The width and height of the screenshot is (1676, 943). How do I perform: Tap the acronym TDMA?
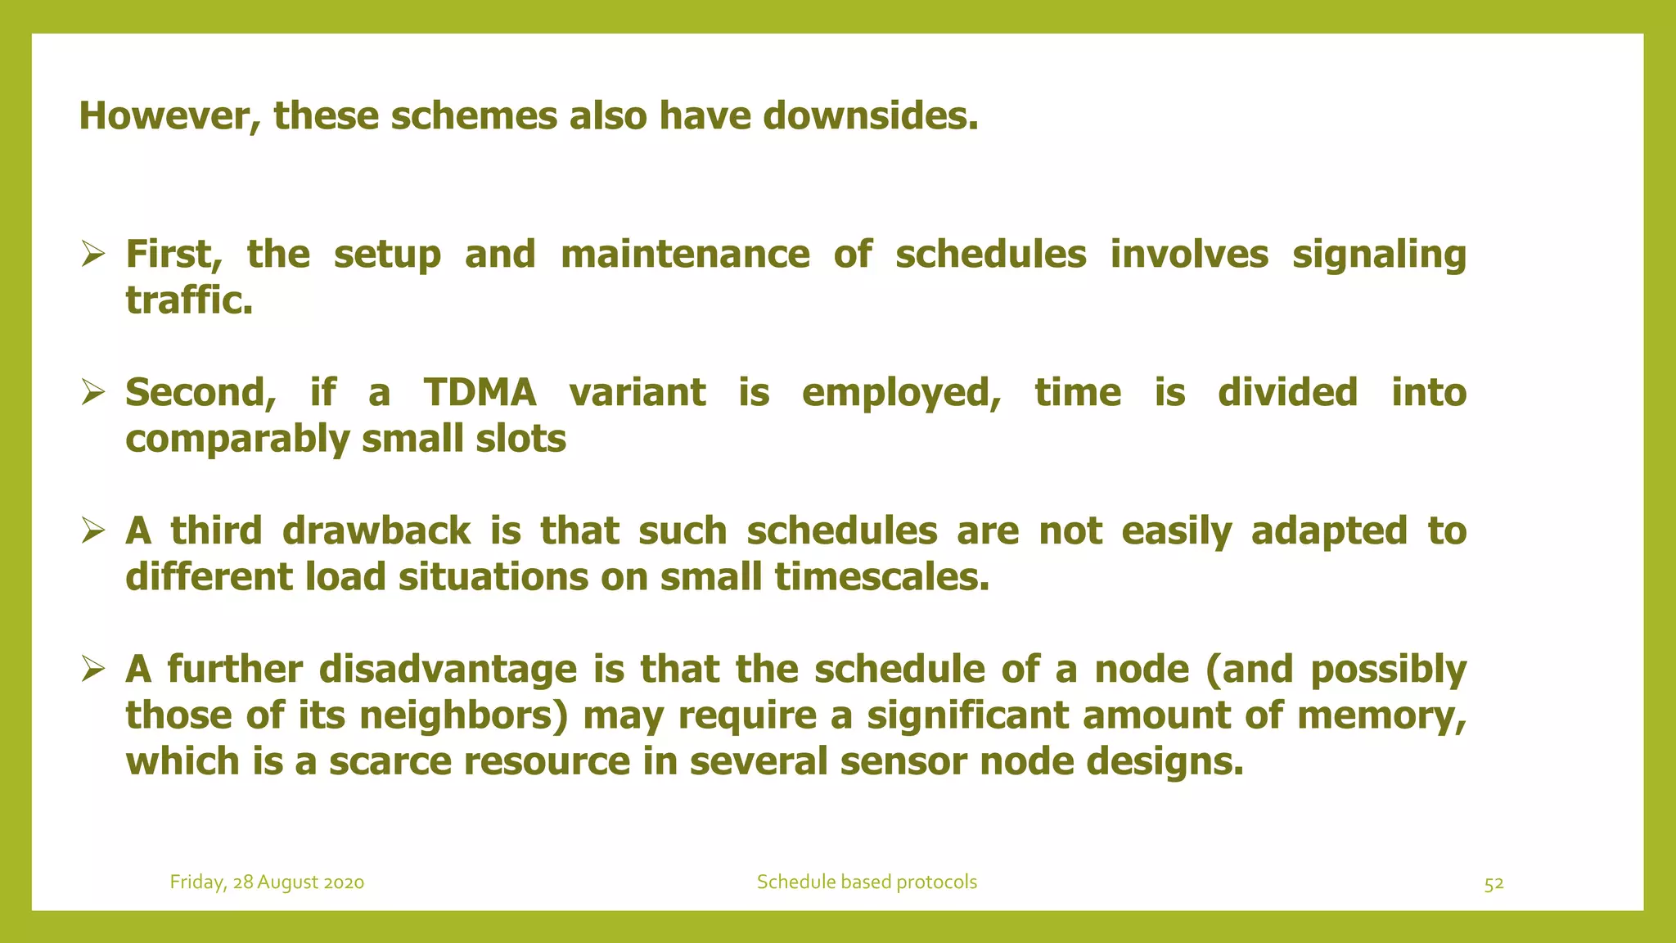tap(480, 392)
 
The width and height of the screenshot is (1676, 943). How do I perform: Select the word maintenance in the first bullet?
tap(685, 254)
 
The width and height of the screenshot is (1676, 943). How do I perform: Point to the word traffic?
tap(188, 300)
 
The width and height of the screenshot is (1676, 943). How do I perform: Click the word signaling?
tap(1379, 255)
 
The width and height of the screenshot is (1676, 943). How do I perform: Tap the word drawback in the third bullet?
tap(376, 530)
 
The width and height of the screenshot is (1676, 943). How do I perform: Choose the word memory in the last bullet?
tap(1381, 715)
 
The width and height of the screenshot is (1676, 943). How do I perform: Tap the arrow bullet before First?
tap(92, 255)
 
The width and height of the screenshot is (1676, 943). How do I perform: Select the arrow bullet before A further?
tap(92, 670)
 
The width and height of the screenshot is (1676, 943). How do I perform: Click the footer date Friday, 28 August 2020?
tap(267, 882)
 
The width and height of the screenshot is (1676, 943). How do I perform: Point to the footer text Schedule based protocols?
tap(867, 882)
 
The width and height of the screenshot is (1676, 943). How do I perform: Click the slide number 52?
tap(1494, 883)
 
